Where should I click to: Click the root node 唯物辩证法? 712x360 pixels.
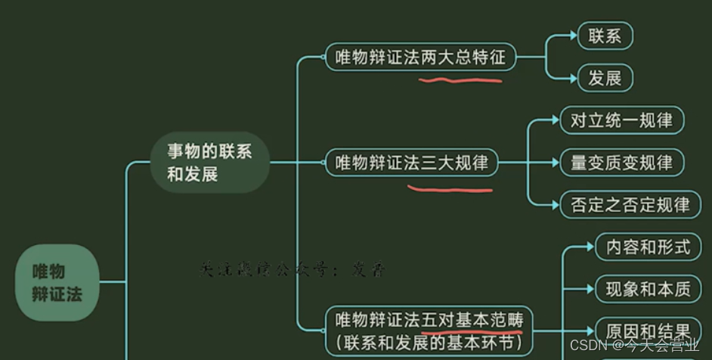[x=57, y=282]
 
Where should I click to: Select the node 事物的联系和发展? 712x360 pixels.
[x=209, y=163]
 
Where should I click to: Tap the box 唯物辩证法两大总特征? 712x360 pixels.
[x=420, y=57]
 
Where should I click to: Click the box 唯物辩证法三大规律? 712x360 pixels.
[x=412, y=163]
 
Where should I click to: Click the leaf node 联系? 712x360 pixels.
[x=605, y=36]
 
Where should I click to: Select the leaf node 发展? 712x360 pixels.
[x=605, y=78]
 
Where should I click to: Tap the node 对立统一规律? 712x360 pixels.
[x=621, y=120]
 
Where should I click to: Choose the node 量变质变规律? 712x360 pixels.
[x=621, y=163]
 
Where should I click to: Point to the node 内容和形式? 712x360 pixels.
[x=648, y=247]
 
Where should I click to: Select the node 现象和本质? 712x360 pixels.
[x=648, y=288]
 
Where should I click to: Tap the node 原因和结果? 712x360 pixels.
[x=648, y=331]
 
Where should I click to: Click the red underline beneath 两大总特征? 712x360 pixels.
[x=462, y=78]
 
